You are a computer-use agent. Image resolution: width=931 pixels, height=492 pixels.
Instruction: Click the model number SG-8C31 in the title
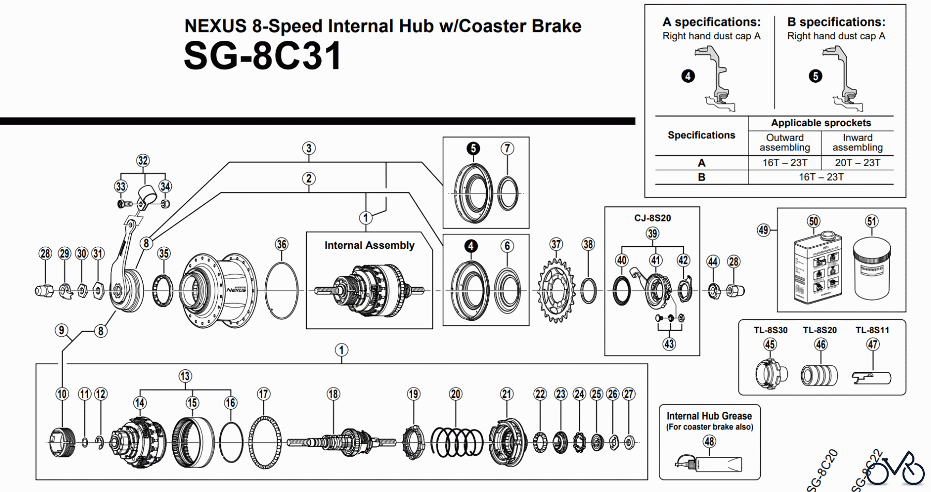pyautogui.click(x=262, y=56)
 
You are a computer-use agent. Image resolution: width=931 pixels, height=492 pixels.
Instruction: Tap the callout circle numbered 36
pyautogui.click(x=281, y=244)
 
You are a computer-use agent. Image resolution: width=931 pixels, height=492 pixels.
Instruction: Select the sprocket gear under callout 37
pyautogui.click(x=556, y=291)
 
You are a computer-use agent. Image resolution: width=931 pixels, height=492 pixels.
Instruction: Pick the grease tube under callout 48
pyautogui.click(x=710, y=464)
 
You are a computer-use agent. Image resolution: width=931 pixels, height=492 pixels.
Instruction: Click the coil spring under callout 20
pyautogui.click(x=457, y=442)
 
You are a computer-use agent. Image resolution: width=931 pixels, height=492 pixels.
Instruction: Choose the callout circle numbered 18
pyautogui.click(x=333, y=394)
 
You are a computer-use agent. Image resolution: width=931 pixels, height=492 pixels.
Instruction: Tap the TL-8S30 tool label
pyautogui.click(x=770, y=330)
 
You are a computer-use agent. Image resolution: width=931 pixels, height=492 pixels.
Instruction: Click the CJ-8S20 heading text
pyautogui.click(x=652, y=218)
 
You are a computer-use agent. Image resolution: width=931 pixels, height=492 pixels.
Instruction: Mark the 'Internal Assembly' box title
pyautogui.click(x=369, y=245)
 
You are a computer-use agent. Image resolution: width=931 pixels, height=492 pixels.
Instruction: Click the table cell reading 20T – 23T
pyautogui.click(x=857, y=162)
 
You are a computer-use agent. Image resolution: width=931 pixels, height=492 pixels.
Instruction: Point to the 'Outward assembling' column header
pyautogui.click(x=785, y=142)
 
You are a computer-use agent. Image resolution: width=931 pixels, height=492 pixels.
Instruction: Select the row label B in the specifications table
pyautogui.click(x=701, y=177)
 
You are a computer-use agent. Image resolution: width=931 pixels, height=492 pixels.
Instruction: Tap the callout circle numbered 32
pyautogui.click(x=143, y=160)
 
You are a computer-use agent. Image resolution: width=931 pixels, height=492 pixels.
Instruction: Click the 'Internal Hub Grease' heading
pyautogui.click(x=709, y=416)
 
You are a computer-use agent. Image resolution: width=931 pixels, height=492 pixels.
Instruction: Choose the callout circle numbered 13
pyautogui.click(x=185, y=376)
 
